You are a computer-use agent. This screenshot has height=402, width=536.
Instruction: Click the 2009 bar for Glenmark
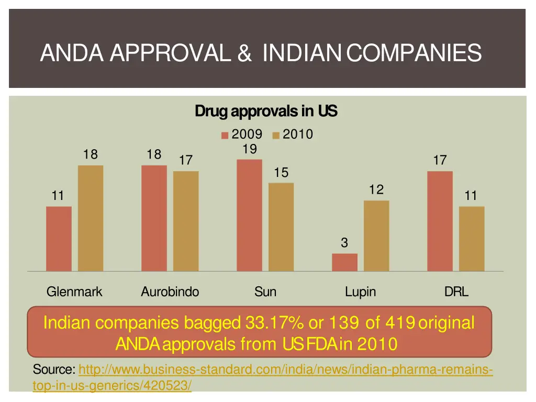click(59, 239)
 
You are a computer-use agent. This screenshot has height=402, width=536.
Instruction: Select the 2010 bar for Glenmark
click(91, 218)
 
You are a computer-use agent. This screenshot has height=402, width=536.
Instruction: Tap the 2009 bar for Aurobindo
click(154, 218)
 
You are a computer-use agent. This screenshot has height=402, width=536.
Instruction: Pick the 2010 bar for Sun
click(281, 227)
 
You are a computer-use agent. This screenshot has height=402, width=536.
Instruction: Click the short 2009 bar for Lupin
click(344, 262)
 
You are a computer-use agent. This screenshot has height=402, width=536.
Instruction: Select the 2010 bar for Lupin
click(376, 236)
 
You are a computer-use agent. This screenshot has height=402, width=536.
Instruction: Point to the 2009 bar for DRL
click(440, 221)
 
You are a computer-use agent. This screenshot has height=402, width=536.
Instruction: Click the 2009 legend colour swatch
click(225, 135)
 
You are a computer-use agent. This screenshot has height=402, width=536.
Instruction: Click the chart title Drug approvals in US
click(266, 111)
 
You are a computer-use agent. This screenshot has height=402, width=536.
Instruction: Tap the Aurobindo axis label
click(170, 292)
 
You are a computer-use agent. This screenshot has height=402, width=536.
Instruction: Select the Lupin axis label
click(360, 292)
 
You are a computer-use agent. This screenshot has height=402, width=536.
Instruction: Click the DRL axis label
click(456, 292)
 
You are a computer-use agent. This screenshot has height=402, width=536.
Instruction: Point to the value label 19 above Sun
click(250, 149)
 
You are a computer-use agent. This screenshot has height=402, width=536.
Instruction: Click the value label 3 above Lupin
click(344, 243)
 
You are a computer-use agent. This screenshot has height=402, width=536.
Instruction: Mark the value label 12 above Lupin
click(376, 189)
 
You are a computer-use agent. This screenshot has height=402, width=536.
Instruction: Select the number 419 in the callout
click(400, 322)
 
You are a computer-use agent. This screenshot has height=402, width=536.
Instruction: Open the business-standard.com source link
click(285, 371)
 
